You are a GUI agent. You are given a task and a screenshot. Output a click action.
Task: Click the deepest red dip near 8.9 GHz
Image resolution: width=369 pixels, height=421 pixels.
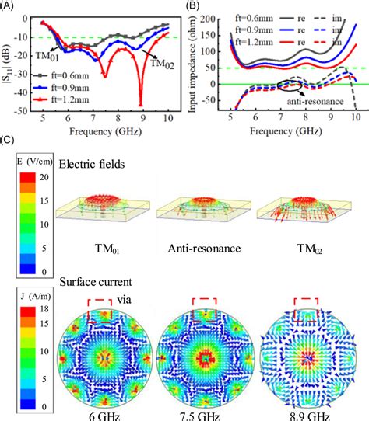coord(141,105)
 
